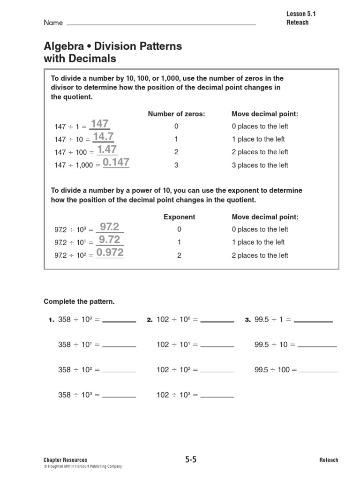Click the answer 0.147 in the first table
tap(116, 163)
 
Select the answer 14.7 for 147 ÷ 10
tap(103, 137)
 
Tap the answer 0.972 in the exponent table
tap(110, 253)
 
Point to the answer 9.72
tap(109, 240)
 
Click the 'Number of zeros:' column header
tap(176, 114)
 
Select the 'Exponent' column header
tap(179, 217)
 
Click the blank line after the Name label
tap(161, 23)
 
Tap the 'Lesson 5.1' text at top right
tap(301, 14)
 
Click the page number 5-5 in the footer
tap(191, 460)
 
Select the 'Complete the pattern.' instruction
tap(79, 301)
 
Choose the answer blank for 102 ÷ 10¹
tap(217, 345)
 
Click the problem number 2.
tap(150, 320)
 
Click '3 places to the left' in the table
tap(260, 165)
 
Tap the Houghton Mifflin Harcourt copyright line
tap(82, 466)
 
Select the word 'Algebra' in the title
tap(62, 46)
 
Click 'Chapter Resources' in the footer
tap(65, 460)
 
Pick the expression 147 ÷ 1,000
tap(74, 165)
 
